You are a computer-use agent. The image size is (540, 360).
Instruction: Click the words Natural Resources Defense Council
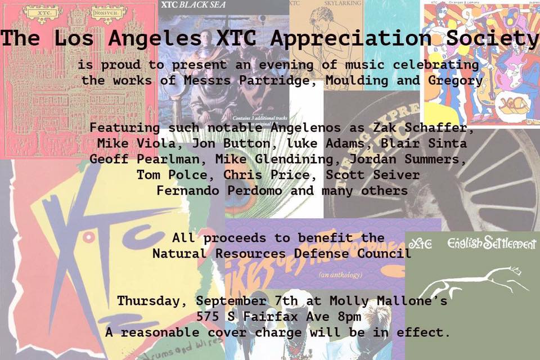(x=281, y=254)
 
